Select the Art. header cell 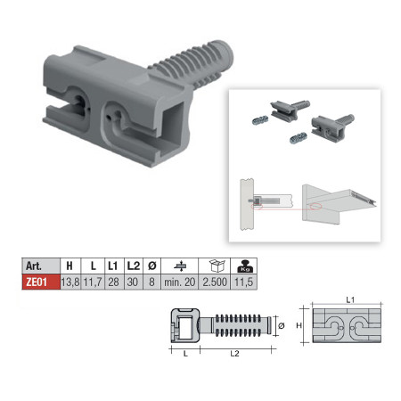click(x=41, y=266)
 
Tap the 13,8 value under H click(x=70, y=282)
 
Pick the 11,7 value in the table click(x=93, y=282)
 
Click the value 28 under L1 click(x=113, y=282)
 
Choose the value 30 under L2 click(x=133, y=282)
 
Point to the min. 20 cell click(x=179, y=282)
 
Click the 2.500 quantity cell click(x=215, y=282)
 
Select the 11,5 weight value click(x=243, y=282)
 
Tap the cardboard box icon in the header click(x=217, y=266)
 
